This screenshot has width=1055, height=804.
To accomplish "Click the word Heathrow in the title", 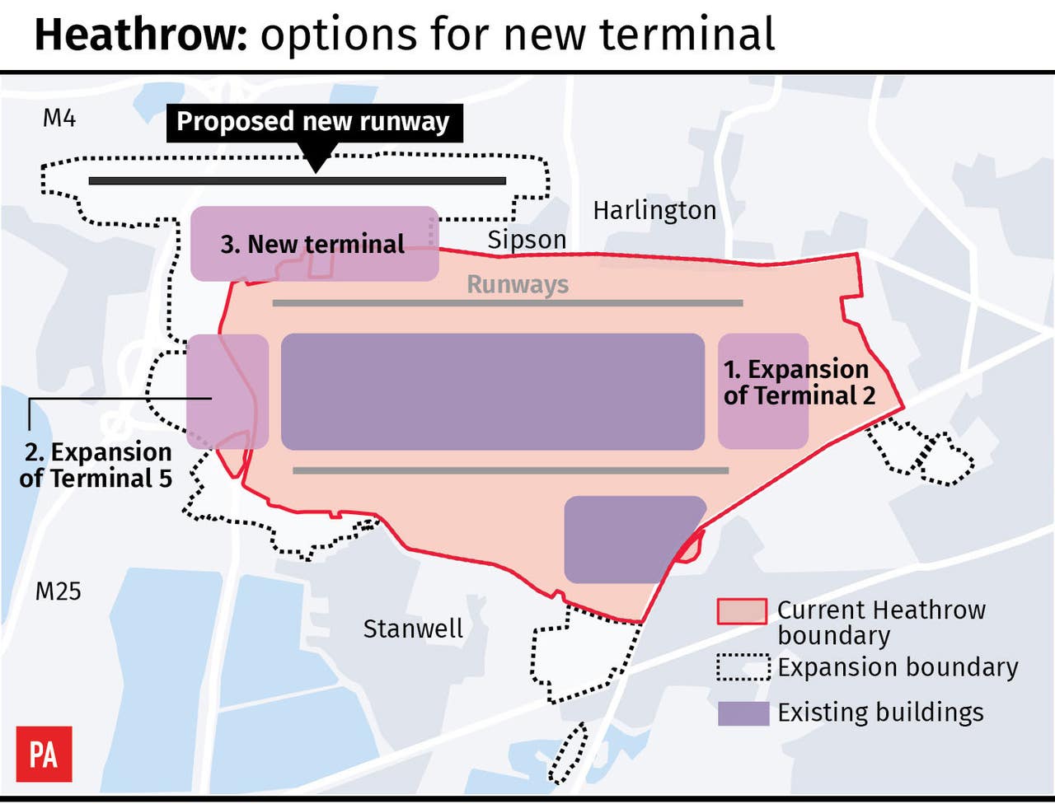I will (140, 35).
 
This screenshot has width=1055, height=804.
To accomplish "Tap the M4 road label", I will (59, 119).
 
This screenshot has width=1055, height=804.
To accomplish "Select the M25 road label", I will (59, 591).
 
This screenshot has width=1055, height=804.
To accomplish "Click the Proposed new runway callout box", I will (313, 122).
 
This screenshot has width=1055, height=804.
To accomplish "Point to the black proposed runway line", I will (297, 180).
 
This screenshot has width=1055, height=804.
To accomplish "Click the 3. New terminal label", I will (312, 244).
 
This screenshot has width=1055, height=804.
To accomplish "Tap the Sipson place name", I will (527, 240).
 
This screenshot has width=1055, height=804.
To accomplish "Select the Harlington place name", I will (654, 211).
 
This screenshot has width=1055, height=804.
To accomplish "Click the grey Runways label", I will (518, 284).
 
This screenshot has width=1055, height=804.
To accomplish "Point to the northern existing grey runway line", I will (507, 303).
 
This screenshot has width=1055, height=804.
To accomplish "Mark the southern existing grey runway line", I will (511, 470).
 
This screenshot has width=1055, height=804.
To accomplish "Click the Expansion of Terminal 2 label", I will (798, 382).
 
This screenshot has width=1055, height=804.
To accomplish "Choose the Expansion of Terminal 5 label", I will (96, 465).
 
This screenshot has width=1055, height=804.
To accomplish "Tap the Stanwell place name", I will (413, 629).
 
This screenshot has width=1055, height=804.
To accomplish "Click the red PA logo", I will (45, 754).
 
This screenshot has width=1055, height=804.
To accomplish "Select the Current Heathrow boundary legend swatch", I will (742, 611).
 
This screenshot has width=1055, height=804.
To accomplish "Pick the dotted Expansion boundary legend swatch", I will (743, 666).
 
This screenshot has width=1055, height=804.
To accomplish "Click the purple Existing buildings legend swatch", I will (743, 713).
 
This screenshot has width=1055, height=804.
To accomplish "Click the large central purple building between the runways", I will (492, 391).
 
